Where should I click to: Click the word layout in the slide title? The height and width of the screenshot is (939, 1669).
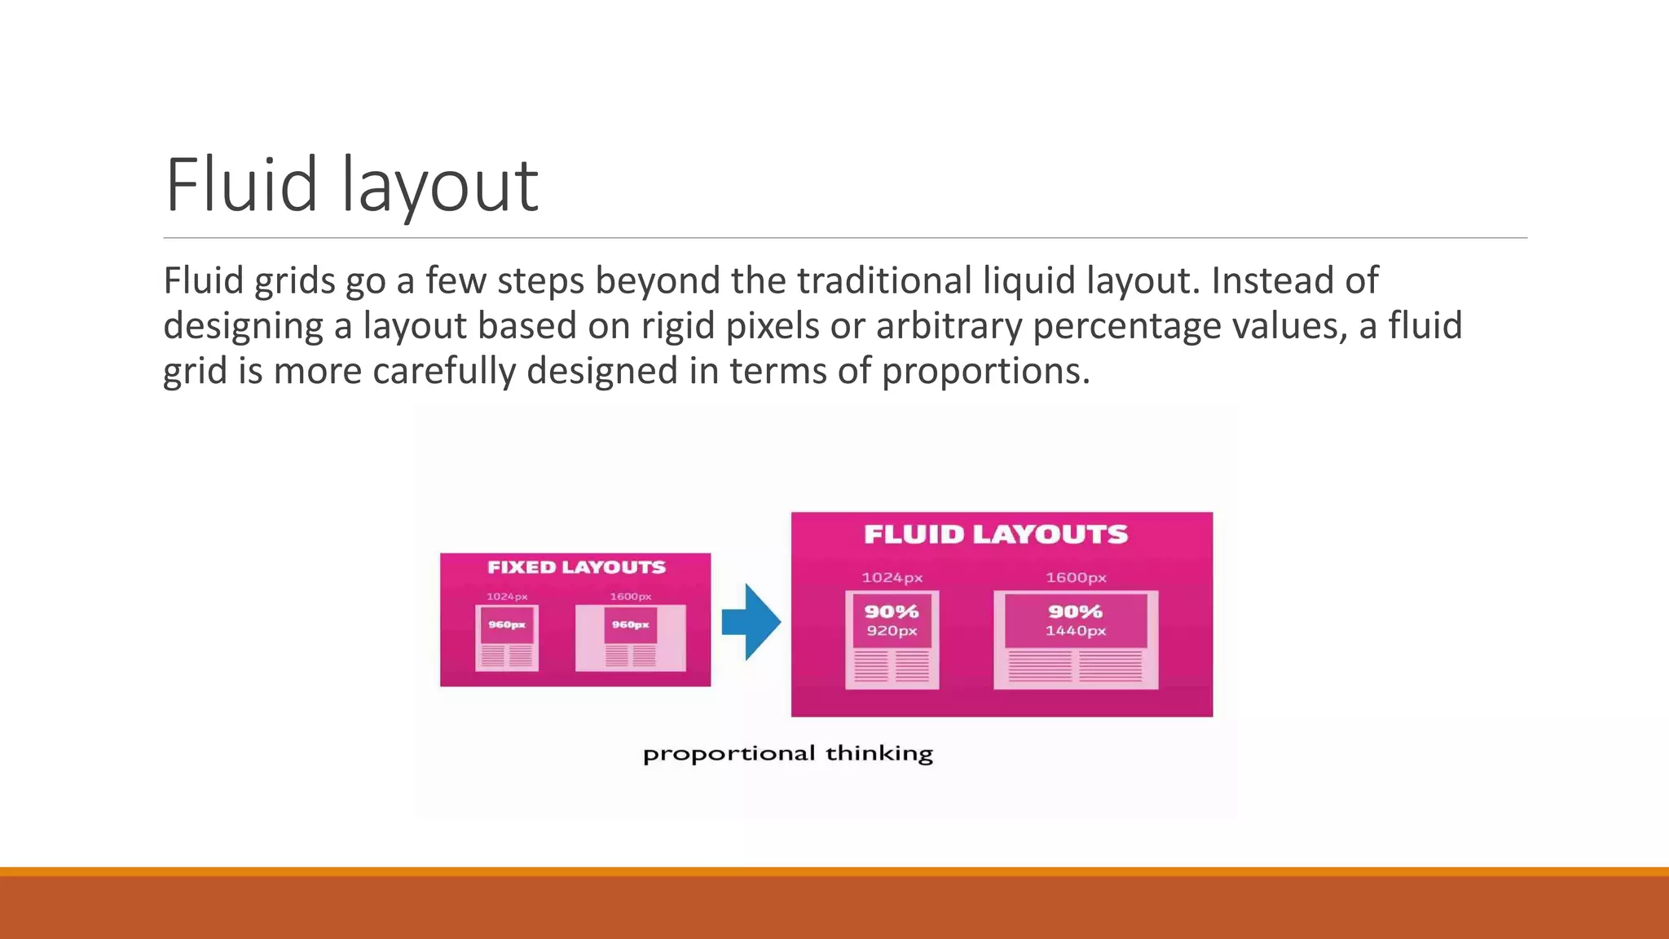440,187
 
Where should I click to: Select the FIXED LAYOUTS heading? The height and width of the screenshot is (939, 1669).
576,567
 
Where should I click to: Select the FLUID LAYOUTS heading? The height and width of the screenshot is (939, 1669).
996,535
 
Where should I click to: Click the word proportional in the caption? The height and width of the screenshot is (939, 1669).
729,754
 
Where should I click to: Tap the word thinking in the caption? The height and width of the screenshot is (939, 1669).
879,754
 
